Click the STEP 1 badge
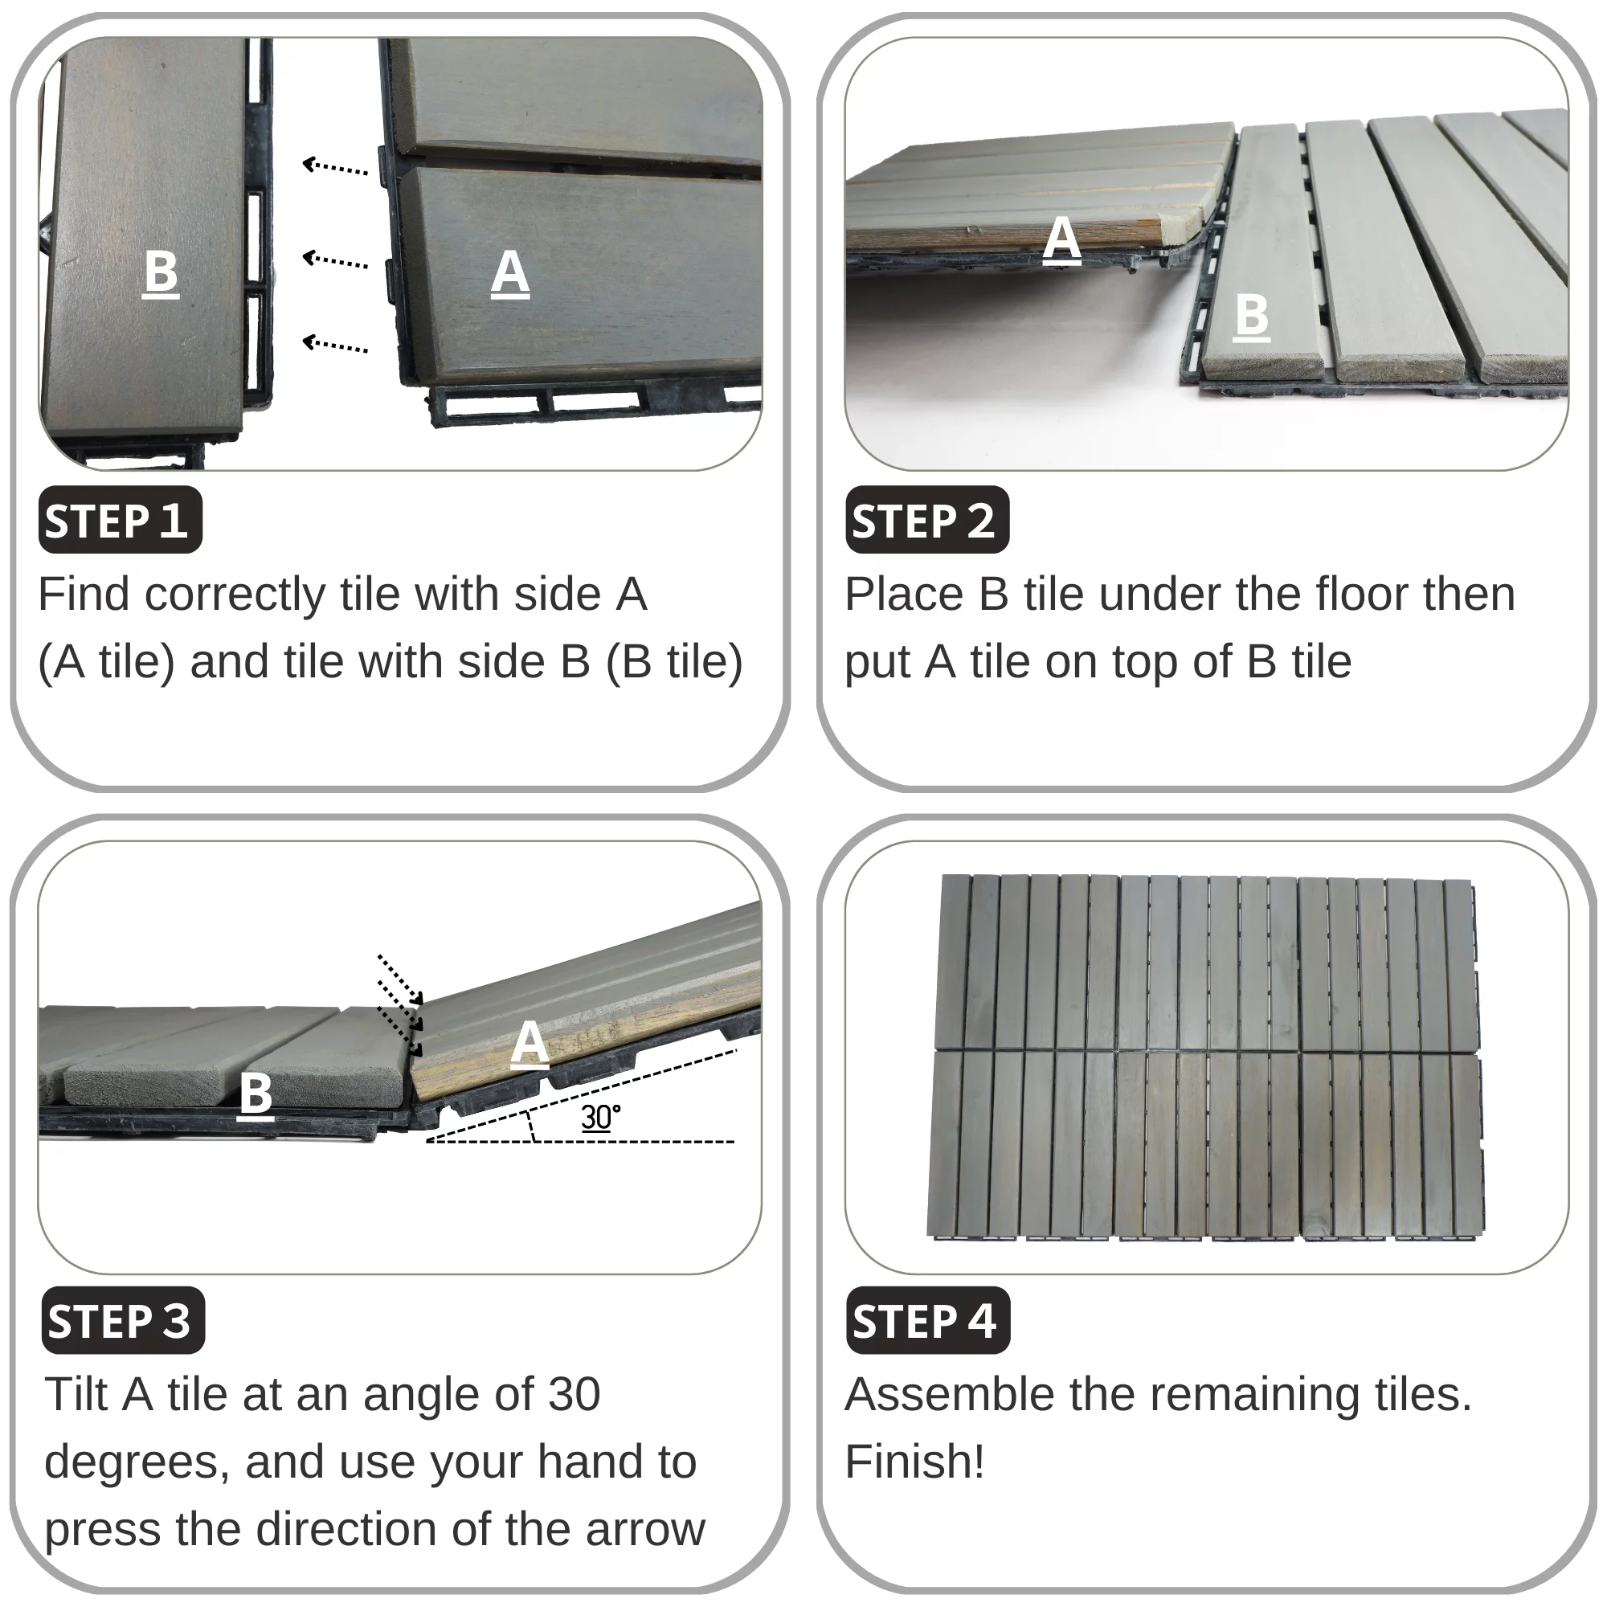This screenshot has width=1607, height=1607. [x=121, y=520]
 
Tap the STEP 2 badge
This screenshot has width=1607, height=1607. [x=927, y=520]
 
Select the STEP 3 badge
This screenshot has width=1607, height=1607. [x=123, y=1320]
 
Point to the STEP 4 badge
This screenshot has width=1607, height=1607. [x=928, y=1320]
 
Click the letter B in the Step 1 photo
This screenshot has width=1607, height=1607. [x=161, y=273]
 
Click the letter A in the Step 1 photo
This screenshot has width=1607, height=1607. [x=510, y=273]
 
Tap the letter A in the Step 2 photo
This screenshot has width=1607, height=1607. [x=1062, y=239]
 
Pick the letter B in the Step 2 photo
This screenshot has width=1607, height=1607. [x=1252, y=316]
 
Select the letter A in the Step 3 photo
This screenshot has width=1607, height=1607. [x=530, y=1043]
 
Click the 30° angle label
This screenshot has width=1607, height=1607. [x=600, y=1117]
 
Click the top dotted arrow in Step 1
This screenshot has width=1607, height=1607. [x=335, y=167]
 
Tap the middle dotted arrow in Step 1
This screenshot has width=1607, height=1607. [x=335, y=260]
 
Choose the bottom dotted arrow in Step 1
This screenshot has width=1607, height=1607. [x=335, y=344]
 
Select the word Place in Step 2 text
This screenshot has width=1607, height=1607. [x=903, y=594]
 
